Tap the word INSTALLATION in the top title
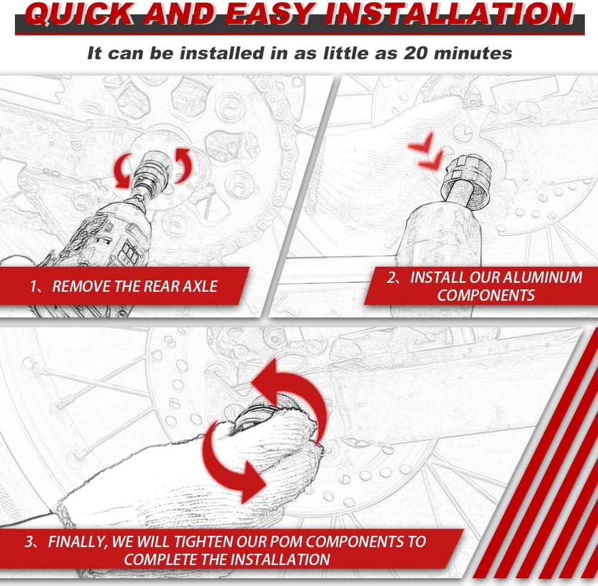[x=451, y=14]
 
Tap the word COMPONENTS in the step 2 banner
[x=486, y=295]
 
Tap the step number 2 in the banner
[x=391, y=277]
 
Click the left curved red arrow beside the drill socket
[x=122, y=172]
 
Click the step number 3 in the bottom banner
[x=29, y=542]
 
